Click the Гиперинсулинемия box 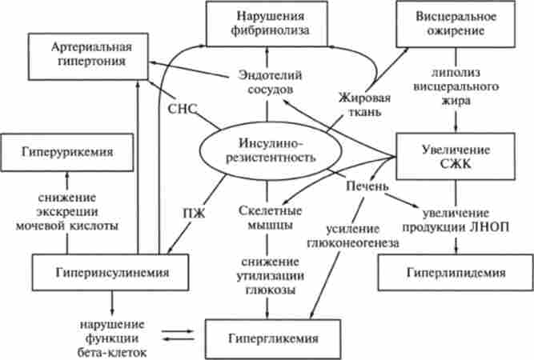point(112,272)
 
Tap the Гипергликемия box point(268,338)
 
